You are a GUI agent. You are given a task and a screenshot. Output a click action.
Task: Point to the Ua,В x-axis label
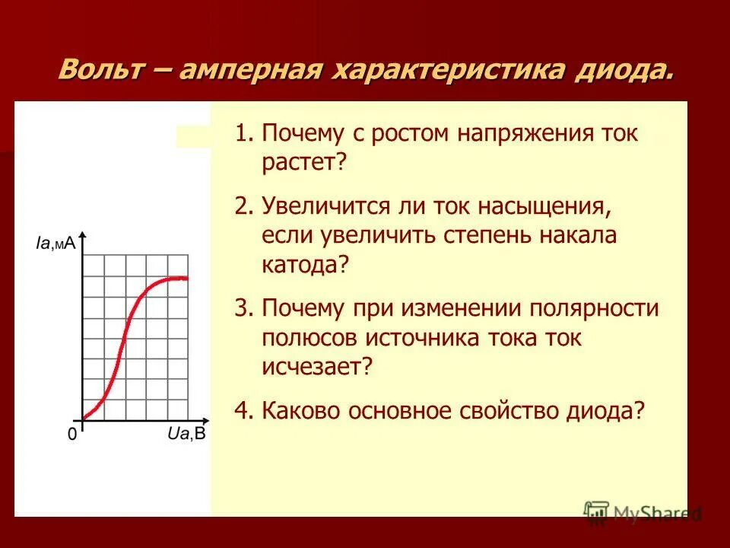pyautogui.click(x=186, y=435)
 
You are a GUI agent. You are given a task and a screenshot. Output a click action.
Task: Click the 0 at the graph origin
pyautogui.click(x=72, y=435)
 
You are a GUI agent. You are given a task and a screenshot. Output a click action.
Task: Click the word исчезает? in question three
pyautogui.click(x=318, y=366)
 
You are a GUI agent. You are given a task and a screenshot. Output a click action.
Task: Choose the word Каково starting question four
pyautogui.click(x=300, y=411)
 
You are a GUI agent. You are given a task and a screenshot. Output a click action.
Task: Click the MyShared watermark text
pyautogui.click(x=658, y=513)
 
